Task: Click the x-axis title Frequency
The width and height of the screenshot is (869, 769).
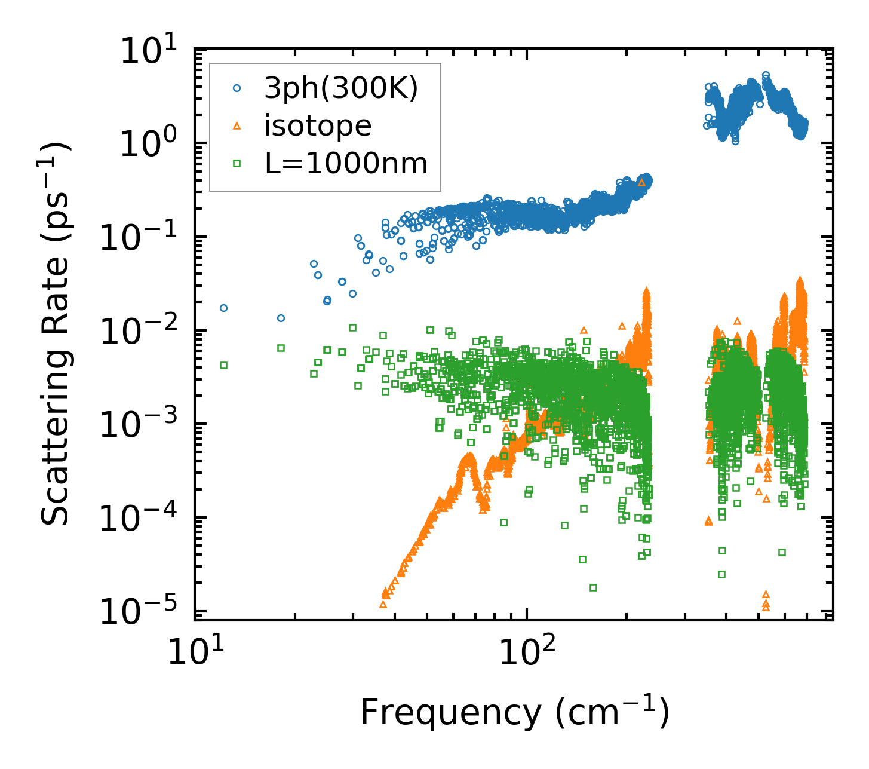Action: (x=514, y=712)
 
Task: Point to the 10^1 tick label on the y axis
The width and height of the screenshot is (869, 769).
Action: (x=152, y=51)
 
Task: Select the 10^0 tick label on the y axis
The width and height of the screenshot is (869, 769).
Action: (x=152, y=144)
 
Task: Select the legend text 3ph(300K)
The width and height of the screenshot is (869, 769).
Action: (x=342, y=88)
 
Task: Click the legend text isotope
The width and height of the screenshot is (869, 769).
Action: (x=318, y=126)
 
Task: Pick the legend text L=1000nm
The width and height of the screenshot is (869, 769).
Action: (x=346, y=163)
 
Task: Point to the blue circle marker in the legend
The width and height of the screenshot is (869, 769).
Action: (x=237, y=88)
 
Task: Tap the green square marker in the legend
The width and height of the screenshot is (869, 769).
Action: (x=237, y=163)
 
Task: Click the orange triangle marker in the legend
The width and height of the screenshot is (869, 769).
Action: (x=237, y=125)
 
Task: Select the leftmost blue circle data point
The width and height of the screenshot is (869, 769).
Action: (x=223, y=308)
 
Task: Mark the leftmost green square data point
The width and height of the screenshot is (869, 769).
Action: (x=223, y=365)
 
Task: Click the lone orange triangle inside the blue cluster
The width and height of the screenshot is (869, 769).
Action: (x=641, y=182)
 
